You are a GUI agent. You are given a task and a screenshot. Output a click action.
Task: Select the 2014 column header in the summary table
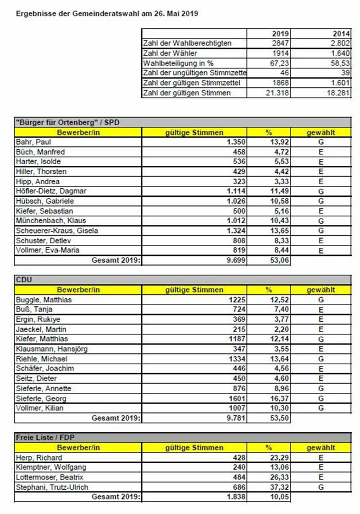tap(341, 34)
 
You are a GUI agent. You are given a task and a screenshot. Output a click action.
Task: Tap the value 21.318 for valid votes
tap(279, 92)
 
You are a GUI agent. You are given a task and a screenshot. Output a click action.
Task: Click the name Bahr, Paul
tap(34, 142)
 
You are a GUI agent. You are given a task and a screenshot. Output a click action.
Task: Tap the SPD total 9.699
tap(235, 260)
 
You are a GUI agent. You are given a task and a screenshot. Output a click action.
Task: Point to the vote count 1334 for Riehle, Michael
tap(237, 359)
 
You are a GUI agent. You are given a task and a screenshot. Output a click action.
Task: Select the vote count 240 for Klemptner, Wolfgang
tap(238, 468)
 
